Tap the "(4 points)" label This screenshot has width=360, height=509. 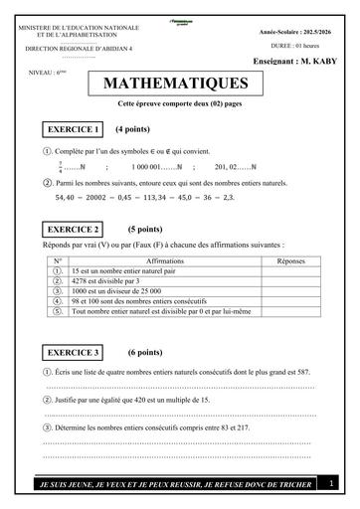[x=132, y=129]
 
